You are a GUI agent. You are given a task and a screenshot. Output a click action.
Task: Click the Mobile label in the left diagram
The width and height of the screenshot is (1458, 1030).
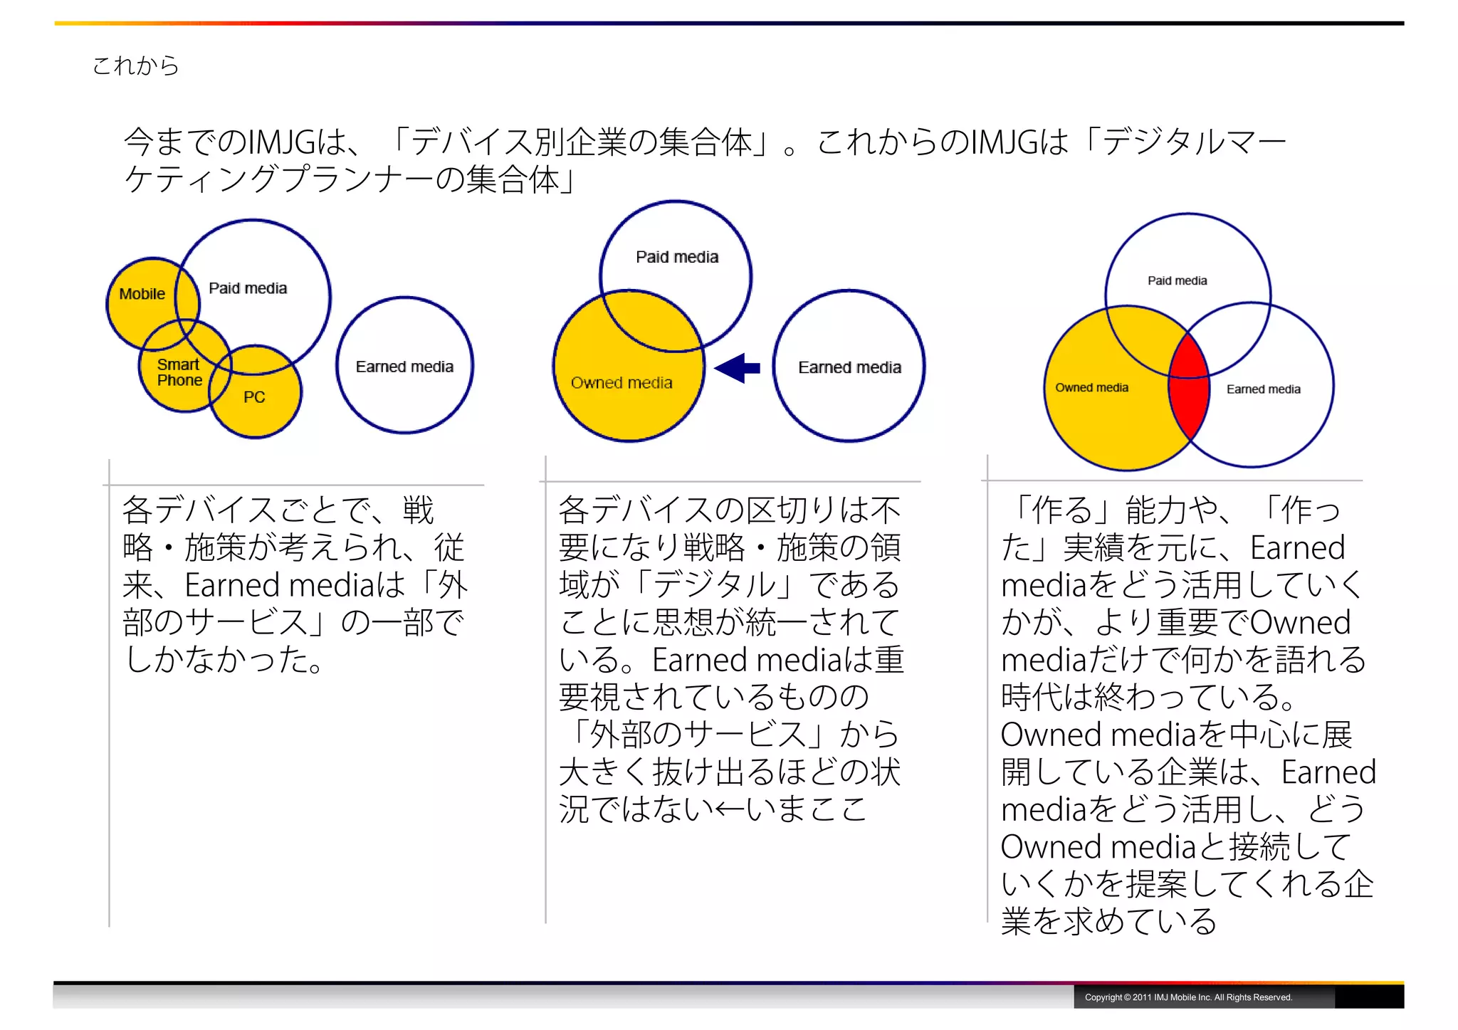142,294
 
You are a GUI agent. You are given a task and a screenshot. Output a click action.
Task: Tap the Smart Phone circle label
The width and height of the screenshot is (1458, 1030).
179,372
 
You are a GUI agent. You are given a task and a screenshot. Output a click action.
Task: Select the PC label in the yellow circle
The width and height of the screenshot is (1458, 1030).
254,397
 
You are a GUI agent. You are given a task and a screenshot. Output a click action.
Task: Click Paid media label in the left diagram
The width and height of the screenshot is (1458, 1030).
248,288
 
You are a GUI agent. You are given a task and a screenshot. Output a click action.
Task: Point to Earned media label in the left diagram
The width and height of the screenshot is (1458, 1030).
404,367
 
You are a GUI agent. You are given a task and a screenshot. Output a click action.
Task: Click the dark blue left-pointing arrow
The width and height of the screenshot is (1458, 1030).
738,368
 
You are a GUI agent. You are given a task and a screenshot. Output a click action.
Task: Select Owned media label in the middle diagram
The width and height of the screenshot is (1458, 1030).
622,383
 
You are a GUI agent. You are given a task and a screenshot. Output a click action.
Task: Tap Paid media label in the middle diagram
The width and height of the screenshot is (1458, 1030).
677,257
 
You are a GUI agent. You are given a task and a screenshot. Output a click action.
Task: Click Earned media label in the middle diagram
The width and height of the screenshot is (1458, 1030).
849,367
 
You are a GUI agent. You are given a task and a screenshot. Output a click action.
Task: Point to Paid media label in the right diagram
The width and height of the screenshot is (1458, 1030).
1177,280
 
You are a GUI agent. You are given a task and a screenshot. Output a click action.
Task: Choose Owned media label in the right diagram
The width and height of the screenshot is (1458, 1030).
1091,388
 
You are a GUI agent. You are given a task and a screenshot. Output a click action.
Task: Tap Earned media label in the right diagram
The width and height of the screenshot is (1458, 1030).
1263,389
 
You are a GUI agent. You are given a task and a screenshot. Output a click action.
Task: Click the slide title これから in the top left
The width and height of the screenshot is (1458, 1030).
135,65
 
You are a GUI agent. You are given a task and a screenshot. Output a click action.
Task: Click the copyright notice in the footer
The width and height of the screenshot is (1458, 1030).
1187,997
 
